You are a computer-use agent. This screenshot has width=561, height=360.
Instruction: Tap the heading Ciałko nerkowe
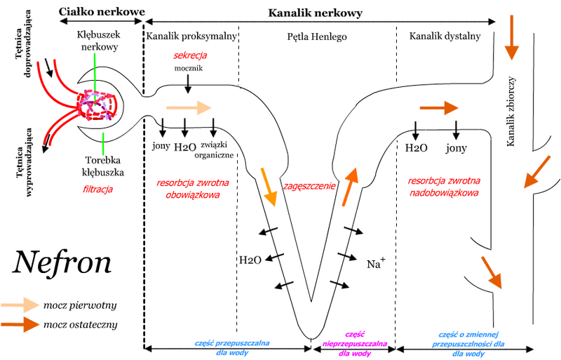[102, 12]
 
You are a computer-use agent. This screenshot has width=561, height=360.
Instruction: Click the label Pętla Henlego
[318, 35]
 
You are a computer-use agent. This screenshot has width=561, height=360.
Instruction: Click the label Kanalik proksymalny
[190, 35]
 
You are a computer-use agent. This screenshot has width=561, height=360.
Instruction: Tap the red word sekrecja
[191, 55]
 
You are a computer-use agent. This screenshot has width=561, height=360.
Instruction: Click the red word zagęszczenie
[309, 186]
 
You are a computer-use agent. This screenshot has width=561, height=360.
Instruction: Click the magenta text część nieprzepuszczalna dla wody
[354, 345]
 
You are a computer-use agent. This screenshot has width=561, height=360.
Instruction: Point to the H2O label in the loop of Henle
[250, 260]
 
